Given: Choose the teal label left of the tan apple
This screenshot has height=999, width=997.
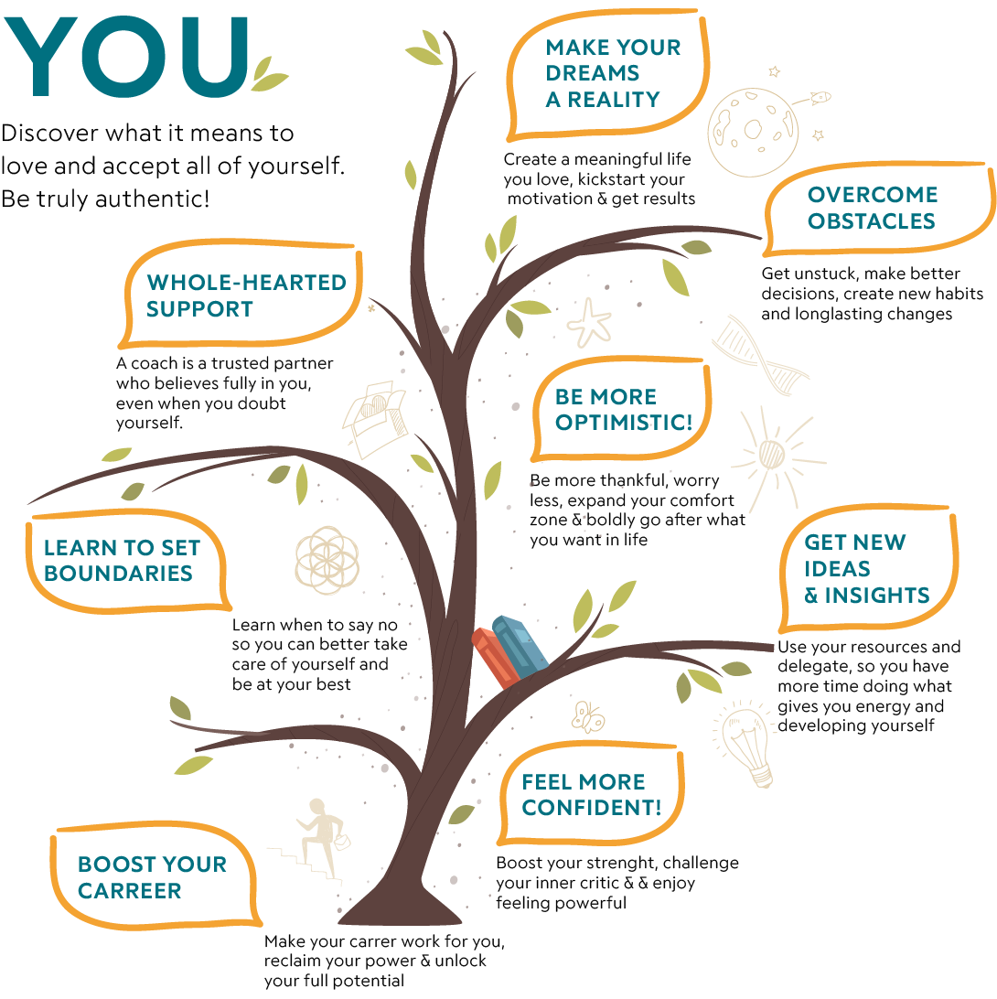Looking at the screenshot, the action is click(x=622, y=82).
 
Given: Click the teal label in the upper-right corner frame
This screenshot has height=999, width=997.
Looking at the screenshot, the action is click(x=886, y=217).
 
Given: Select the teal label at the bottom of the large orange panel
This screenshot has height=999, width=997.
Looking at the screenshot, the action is click(x=155, y=885).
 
